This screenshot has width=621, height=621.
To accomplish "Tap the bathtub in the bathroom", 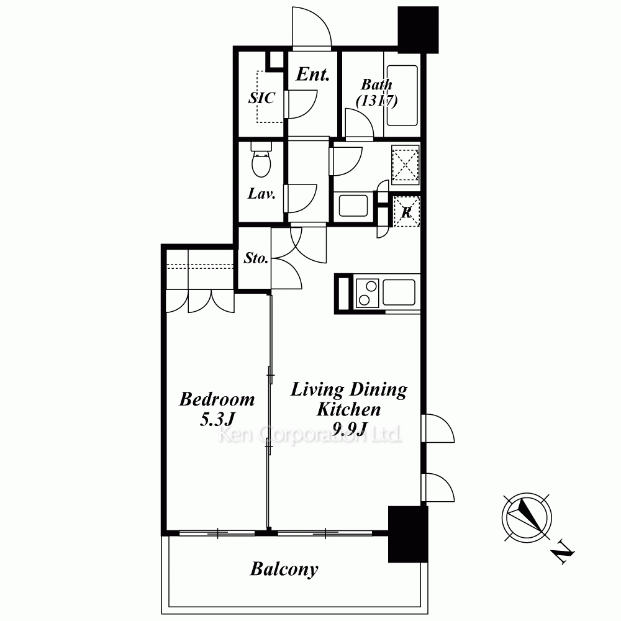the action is (402, 96).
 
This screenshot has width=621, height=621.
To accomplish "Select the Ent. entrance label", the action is (313, 74).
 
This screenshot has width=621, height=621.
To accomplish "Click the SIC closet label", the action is (262, 98).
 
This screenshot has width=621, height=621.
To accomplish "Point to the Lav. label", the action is (261, 194).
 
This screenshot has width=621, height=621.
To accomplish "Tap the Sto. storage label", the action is (256, 258).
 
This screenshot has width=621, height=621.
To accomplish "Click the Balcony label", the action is (284, 569).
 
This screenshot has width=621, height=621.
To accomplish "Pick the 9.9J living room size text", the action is (349, 428).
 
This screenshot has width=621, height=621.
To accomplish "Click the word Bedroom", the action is (217, 399).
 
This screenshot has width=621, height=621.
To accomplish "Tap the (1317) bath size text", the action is (377, 101).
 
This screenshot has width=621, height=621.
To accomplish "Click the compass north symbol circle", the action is (527, 518).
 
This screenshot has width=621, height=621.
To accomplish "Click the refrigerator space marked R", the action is (406, 212).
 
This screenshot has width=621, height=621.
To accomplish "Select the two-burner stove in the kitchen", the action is (368, 293).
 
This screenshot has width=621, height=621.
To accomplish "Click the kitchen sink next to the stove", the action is (399, 292).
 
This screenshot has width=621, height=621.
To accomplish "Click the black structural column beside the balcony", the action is (408, 534).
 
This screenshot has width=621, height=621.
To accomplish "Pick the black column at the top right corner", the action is (418, 30).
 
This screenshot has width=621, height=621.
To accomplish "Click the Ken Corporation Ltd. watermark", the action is (310, 435).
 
